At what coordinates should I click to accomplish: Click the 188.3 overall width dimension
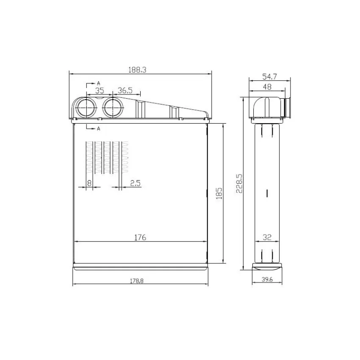pos(137,70)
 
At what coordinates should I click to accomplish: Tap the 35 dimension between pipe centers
pos(100,91)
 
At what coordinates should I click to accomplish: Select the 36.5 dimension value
pos(125,91)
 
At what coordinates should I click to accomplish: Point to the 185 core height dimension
pos(219,193)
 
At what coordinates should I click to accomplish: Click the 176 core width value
pos(140,238)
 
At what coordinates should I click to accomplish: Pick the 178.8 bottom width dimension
pos(137,281)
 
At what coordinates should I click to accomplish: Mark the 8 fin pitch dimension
pos(89,183)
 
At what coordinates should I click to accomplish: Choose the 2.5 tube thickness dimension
pos(135,183)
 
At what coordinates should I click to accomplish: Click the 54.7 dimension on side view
pos(269,77)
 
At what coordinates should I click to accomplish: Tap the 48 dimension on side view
pos(267,87)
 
